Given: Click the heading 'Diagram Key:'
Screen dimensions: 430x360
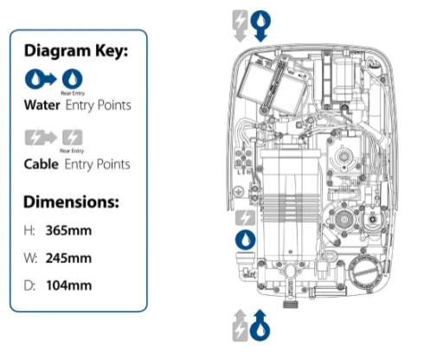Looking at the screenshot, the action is [x=76, y=51].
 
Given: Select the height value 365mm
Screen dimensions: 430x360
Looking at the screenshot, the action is [x=68, y=231].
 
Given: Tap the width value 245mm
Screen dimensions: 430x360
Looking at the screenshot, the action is [x=68, y=258].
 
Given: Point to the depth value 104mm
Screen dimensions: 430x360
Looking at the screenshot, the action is [x=69, y=286].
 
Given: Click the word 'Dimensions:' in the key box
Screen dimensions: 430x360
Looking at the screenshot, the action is [x=71, y=202].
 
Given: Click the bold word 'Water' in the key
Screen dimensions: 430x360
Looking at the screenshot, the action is [x=42, y=105].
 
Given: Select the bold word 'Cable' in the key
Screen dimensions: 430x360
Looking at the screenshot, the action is [x=42, y=164].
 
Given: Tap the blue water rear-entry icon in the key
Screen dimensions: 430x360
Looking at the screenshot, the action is [x=72, y=79].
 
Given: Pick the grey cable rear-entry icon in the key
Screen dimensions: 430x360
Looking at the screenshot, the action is [x=73, y=138].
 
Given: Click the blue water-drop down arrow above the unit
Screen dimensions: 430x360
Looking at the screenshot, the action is [x=260, y=26].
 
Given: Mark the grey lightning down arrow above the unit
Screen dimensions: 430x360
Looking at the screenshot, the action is [x=240, y=26].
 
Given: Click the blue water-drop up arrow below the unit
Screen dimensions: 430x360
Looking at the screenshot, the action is [x=260, y=325].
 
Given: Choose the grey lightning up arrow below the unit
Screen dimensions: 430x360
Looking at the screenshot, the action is [x=240, y=325].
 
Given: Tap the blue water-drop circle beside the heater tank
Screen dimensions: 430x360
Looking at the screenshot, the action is [x=245, y=240].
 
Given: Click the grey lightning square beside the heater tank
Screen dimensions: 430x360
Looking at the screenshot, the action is [x=245, y=218].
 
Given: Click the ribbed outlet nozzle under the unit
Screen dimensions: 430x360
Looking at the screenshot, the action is [x=290, y=304].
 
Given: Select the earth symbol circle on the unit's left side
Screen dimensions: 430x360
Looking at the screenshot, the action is [x=239, y=192].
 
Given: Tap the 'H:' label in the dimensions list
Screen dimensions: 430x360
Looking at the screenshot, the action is [x=29, y=231].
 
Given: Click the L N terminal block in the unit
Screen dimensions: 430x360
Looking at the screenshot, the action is [x=244, y=160].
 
